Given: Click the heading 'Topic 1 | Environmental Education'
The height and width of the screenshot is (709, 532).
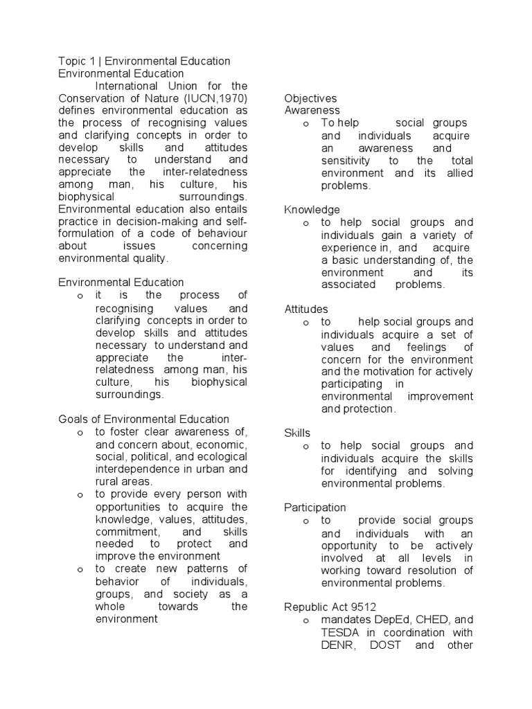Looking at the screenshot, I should click(144, 62).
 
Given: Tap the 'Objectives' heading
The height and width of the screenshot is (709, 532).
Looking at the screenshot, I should click(310, 98).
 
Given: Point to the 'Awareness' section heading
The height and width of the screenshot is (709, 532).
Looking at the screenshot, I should click(312, 110).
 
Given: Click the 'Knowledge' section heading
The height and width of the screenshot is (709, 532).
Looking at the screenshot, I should click(312, 209).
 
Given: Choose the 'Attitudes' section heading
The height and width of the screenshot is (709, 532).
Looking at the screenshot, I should click(306, 309).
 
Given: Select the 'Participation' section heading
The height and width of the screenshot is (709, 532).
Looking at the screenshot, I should click(315, 508).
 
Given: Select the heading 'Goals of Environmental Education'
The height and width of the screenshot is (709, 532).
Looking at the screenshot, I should click(143, 418).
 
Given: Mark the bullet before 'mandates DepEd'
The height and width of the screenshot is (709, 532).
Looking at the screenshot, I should click(305, 620).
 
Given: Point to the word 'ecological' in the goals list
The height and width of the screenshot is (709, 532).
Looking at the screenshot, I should click(220, 457).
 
